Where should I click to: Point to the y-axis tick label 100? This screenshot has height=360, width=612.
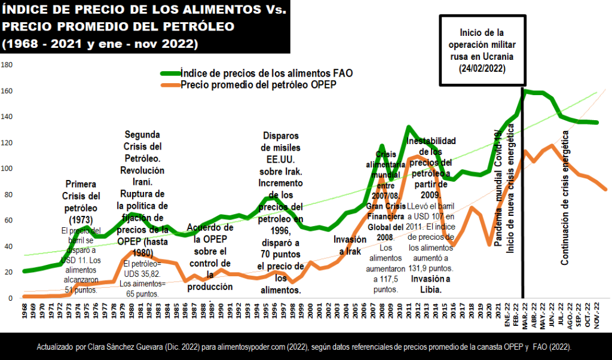pyautogui.click(x=7, y=169)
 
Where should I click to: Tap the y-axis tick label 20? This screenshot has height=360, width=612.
pyautogui.click(x=5, y=272)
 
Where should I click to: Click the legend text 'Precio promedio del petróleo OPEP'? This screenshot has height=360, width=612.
pyautogui.click(x=258, y=85)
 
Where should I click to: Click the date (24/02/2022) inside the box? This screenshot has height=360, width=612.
pyautogui.click(x=482, y=69)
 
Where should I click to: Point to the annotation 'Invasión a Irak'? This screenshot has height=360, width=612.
pyautogui.click(x=347, y=245)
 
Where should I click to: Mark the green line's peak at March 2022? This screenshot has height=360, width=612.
pyautogui.click(x=524, y=91)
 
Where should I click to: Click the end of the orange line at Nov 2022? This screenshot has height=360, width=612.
pyautogui.click(x=606, y=190)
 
